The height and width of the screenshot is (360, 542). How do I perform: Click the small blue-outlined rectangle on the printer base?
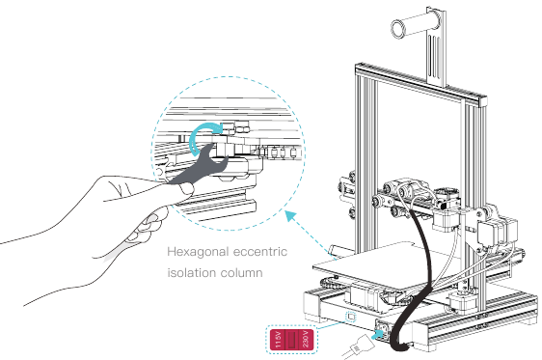tap(351, 315)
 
